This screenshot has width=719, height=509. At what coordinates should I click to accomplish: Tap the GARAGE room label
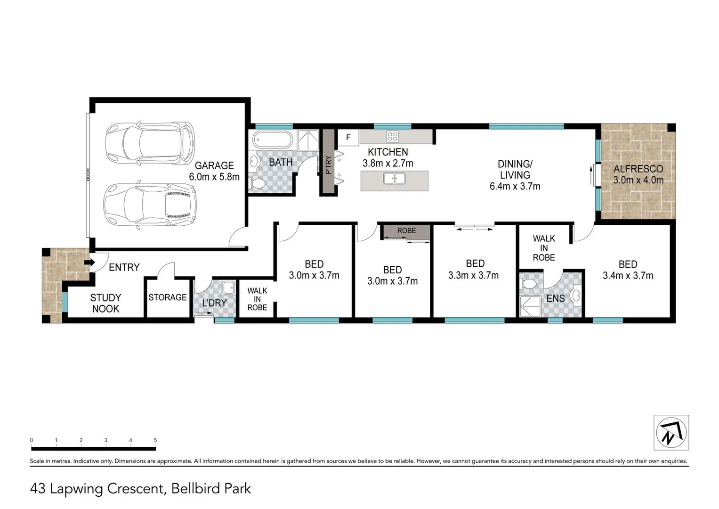tap(214, 165)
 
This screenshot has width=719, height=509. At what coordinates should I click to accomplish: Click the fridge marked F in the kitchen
tap(348, 138)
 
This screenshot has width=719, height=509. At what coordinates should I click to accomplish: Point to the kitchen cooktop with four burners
tap(392, 137)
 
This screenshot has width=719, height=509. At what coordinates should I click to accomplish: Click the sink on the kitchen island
tap(395, 179)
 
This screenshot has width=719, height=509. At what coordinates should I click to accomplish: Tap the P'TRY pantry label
tap(329, 164)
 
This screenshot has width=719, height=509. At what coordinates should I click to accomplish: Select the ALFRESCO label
tap(638, 169)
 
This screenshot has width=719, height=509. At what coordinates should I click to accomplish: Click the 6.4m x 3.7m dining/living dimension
tap(515, 186)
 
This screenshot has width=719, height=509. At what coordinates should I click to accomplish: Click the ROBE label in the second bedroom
tap(406, 231)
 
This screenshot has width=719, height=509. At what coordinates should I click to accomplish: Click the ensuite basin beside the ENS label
tap(575, 296)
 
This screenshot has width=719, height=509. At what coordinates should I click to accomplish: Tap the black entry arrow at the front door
tap(89, 263)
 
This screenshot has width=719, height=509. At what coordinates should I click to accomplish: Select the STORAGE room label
tap(168, 297)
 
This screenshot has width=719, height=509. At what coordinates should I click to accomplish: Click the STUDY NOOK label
tap(105, 303)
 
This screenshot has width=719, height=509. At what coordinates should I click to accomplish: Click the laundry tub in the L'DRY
tap(228, 287)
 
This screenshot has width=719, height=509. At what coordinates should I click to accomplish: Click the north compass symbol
tap(671, 432)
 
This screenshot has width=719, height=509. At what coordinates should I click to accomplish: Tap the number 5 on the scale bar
tap(155, 440)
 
